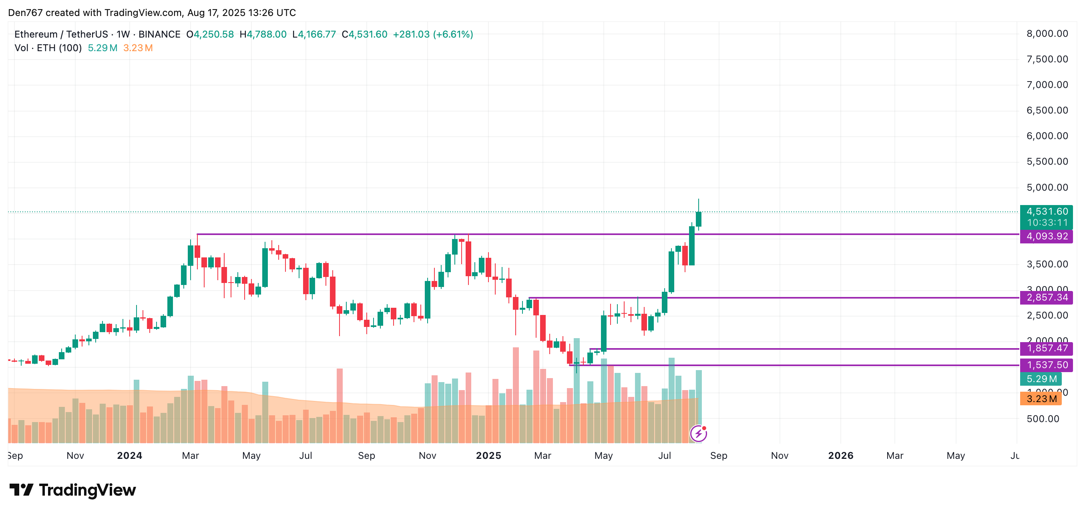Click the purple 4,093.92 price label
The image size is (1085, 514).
pyautogui.click(x=1046, y=236)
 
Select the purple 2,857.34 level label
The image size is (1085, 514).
pyautogui.click(x=1046, y=298)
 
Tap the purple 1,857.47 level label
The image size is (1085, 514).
pyautogui.click(x=1046, y=349)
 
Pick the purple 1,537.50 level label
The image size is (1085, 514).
pyautogui.click(x=1046, y=365)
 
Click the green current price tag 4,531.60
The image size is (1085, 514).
pyautogui.click(x=1046, y=211)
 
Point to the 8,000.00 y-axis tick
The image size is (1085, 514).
pyautogui.click(x=1047, y=34)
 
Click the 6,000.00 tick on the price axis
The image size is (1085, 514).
pyautogui.click(x=1047, y=136)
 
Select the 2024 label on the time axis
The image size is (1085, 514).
pyautogui.click(x=129, y=456)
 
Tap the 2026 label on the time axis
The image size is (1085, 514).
pyautogui.click(x=840, y=456)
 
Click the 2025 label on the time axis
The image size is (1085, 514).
pyautogui.click(x=488, y=456)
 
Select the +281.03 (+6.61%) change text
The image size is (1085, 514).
pyautogui.click(x=432, y=34)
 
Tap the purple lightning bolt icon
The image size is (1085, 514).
pyautogui.click(x=698, y=433)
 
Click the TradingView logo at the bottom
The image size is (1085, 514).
pyautogui.click(x=72, y=490)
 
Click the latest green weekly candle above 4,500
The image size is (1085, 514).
pyautogui.click(x=698, y=219)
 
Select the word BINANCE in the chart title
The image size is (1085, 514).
pyautogui.click(x=159, y=34)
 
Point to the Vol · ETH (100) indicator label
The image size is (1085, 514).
pyautogui.click(x=48, y=48)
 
